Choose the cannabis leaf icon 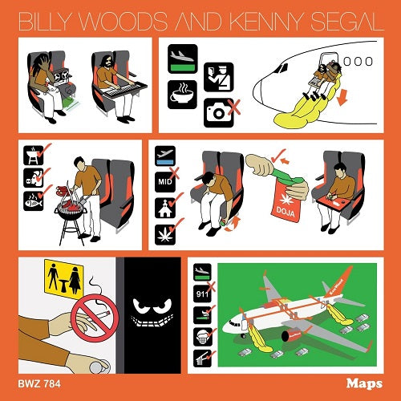click(x=164, y=234)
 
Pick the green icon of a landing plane click(x=181, y=59)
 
